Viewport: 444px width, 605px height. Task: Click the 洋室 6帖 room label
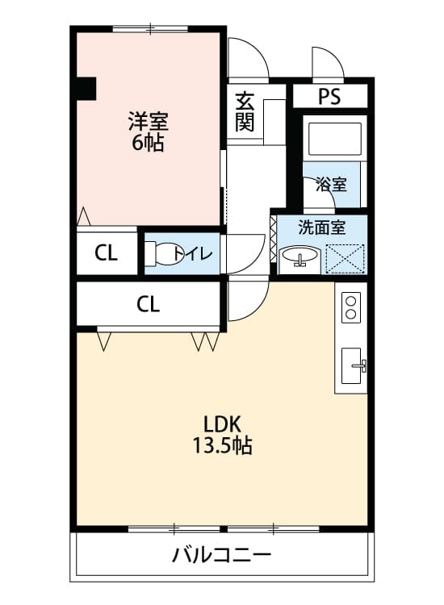coord(147,132)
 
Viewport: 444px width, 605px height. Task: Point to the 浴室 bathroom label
coord(331,184)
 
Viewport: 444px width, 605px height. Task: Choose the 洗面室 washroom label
coord(321,227)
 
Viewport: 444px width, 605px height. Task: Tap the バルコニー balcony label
coord(221,555)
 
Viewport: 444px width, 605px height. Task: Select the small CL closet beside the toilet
coord(107,253)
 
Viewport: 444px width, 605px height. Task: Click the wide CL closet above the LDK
coord(148,304)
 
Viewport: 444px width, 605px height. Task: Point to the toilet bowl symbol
coord(165,253)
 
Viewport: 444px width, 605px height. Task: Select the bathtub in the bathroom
coord(333,142)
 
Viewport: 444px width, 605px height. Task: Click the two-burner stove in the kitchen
coord(351,307)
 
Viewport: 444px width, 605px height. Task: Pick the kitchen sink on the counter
coord(354,365)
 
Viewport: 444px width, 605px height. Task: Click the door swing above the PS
coord(328,63)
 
